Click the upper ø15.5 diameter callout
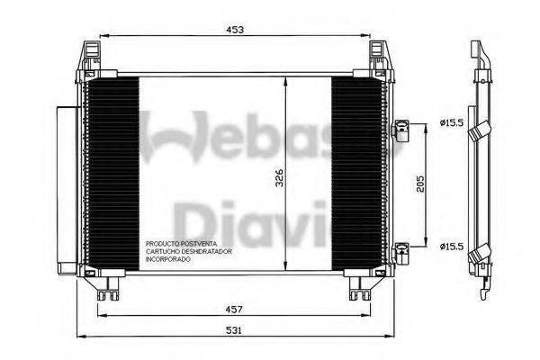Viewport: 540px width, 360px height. click(x=452, y=122)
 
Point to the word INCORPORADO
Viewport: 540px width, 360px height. click(x=166, y=259)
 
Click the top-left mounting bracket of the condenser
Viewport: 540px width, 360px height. click(x=92, y=58)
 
